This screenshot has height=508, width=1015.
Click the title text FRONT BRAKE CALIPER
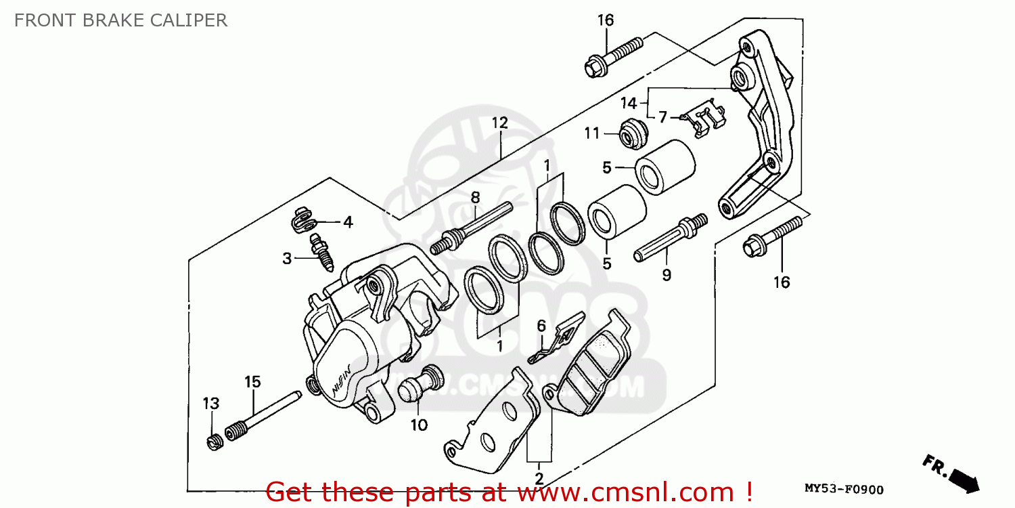point(120,20)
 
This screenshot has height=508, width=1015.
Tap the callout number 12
point(499,123)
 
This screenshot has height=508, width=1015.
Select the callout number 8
point(475,198)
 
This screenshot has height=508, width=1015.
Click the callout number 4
point(347,221)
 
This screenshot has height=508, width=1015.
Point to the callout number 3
point(288,258)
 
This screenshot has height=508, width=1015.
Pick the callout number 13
point(211,404)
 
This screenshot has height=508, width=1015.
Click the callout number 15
point(252,382)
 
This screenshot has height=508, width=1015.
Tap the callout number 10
point(419,425)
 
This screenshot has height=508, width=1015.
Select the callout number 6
point(541,326)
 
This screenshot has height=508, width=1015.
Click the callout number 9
point(667,275)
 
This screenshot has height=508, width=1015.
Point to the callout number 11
point(592,133)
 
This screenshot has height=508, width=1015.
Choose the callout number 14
point(629,104)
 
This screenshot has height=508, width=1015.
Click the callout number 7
point(662,117)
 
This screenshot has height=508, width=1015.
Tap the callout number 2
point(539,478)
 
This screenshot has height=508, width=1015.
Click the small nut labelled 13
point(214,443)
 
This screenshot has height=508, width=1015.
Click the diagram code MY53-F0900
point(843,489)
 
